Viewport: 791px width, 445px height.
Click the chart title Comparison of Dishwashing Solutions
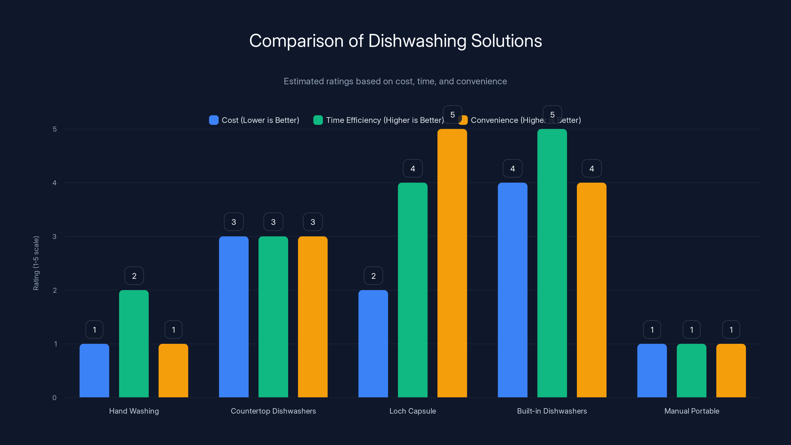coord(395,41)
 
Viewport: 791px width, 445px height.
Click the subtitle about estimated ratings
coord(395,81)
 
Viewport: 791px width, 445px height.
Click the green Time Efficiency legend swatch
coord(318,120)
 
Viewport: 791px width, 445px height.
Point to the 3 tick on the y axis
coord(54,237)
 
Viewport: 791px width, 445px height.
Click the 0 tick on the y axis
coord(54,398)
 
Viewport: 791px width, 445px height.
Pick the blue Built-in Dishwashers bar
coord(512,290)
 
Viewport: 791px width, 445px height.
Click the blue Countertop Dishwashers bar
coord(234,317)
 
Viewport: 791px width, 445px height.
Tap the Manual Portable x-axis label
coord(692,411)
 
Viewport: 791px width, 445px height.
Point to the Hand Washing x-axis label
coord(134,411)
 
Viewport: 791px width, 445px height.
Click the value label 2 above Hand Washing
coord(134,276)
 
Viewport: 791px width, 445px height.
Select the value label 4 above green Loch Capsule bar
coord(413,168)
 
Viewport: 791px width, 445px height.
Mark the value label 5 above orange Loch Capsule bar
coord(452,114)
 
